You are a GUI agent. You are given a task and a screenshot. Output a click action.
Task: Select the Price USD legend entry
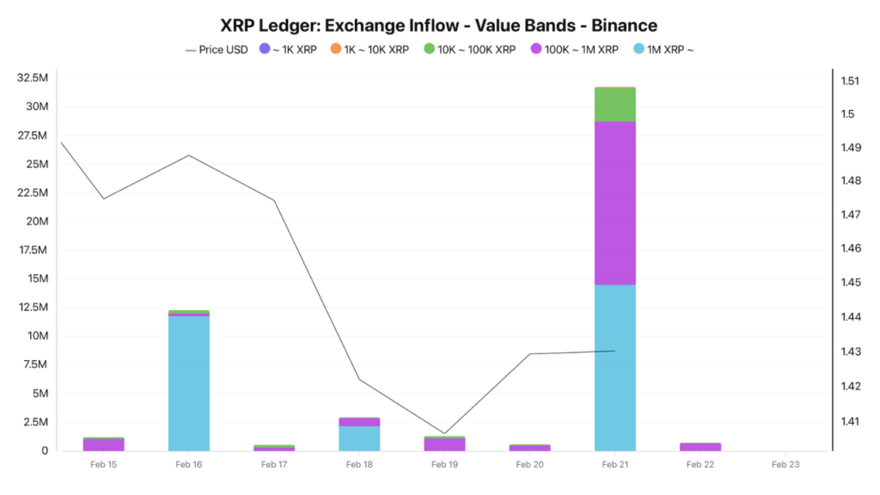pyautogui.click(x=217, y=50)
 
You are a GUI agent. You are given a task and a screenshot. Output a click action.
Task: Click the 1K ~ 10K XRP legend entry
pyautogui.click(x=370, y=50)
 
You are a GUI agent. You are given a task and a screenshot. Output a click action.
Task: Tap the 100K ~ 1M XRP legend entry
pyautogui.click(x=574, y=50)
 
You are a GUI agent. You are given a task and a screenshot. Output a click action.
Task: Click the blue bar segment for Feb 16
pyautogui.click(x=189, y=383)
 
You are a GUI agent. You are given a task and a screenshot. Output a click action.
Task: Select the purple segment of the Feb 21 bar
pyautogui.click(x=615, y=203)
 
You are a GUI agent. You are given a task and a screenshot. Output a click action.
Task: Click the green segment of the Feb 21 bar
pyautogui.click(x=615, y=104)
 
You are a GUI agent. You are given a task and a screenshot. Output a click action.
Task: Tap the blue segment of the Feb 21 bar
pyautogui.click(x=615, y=368)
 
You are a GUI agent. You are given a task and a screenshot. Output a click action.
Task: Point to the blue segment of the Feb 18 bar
pyautogui.click(x=359, y=438)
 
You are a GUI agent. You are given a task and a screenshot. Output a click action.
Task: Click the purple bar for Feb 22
pyautogui.click(x=700, y=447)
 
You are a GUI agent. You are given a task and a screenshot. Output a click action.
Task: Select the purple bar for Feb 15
pyautogui.click(x=104, y=445)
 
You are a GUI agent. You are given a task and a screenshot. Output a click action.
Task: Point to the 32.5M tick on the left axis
pyautogui.click(x=32, y=78)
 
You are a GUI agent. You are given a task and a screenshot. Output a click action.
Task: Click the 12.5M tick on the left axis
pyautogui.click(x=32, y=308)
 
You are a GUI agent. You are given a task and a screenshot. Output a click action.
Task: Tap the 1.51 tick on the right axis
pyautogui.click(x=850, y=82)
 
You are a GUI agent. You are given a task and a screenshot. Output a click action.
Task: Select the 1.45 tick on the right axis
pyautogui.click(x=850, y=283)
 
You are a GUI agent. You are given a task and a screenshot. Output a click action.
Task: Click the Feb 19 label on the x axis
pyautogui.click(x=444, y=465)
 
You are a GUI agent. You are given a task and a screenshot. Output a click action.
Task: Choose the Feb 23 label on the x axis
pyautogui.click(x=785, y=465)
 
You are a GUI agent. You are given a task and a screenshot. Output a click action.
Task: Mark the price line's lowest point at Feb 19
pyautogui.click(x=444, y=434)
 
